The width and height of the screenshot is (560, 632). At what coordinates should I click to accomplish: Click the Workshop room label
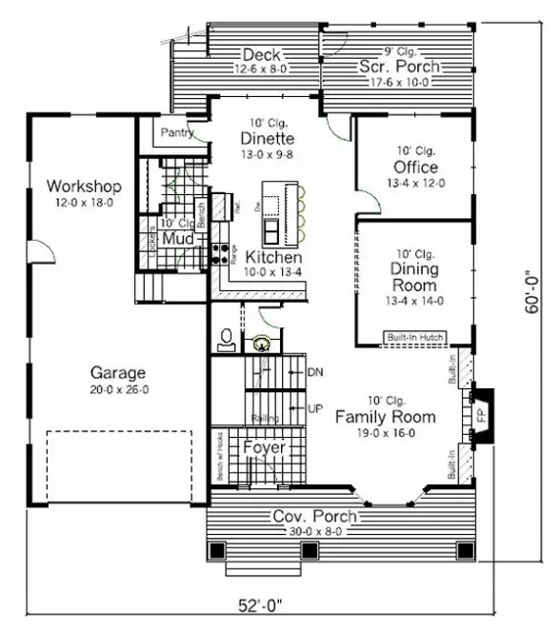(84, 185)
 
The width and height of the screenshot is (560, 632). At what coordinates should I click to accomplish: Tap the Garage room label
(117, 372)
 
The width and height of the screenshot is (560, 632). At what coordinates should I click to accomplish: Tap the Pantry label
(176, 133)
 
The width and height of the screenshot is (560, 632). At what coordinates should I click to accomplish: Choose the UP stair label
(316, 408)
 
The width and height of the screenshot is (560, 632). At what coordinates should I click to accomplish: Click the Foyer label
(263, 447)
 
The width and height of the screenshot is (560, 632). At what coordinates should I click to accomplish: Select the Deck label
(260, 54)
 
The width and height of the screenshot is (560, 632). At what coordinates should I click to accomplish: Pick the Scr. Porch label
(399, 67)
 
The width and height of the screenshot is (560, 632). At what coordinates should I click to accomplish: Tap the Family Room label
(385, 417)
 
